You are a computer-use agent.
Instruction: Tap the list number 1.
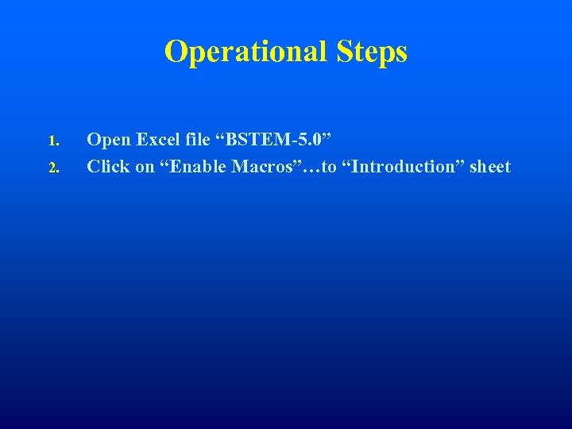(x=52, y=142)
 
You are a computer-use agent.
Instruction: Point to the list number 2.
(x=52, y=168)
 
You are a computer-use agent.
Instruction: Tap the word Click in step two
(x=107, y=167)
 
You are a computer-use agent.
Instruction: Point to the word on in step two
(x=145, y=168)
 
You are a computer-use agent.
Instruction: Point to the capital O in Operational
(x=174, y=52)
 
